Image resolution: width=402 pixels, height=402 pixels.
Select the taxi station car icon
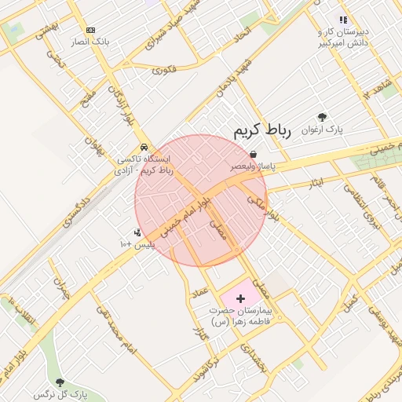144,147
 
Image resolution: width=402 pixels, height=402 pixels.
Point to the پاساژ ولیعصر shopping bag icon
252,155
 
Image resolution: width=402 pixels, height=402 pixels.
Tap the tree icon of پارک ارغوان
323,116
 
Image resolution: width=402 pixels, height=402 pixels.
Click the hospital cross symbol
240,298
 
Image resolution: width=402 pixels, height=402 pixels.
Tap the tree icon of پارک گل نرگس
60,382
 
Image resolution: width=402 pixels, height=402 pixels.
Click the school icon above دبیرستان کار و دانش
342,20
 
